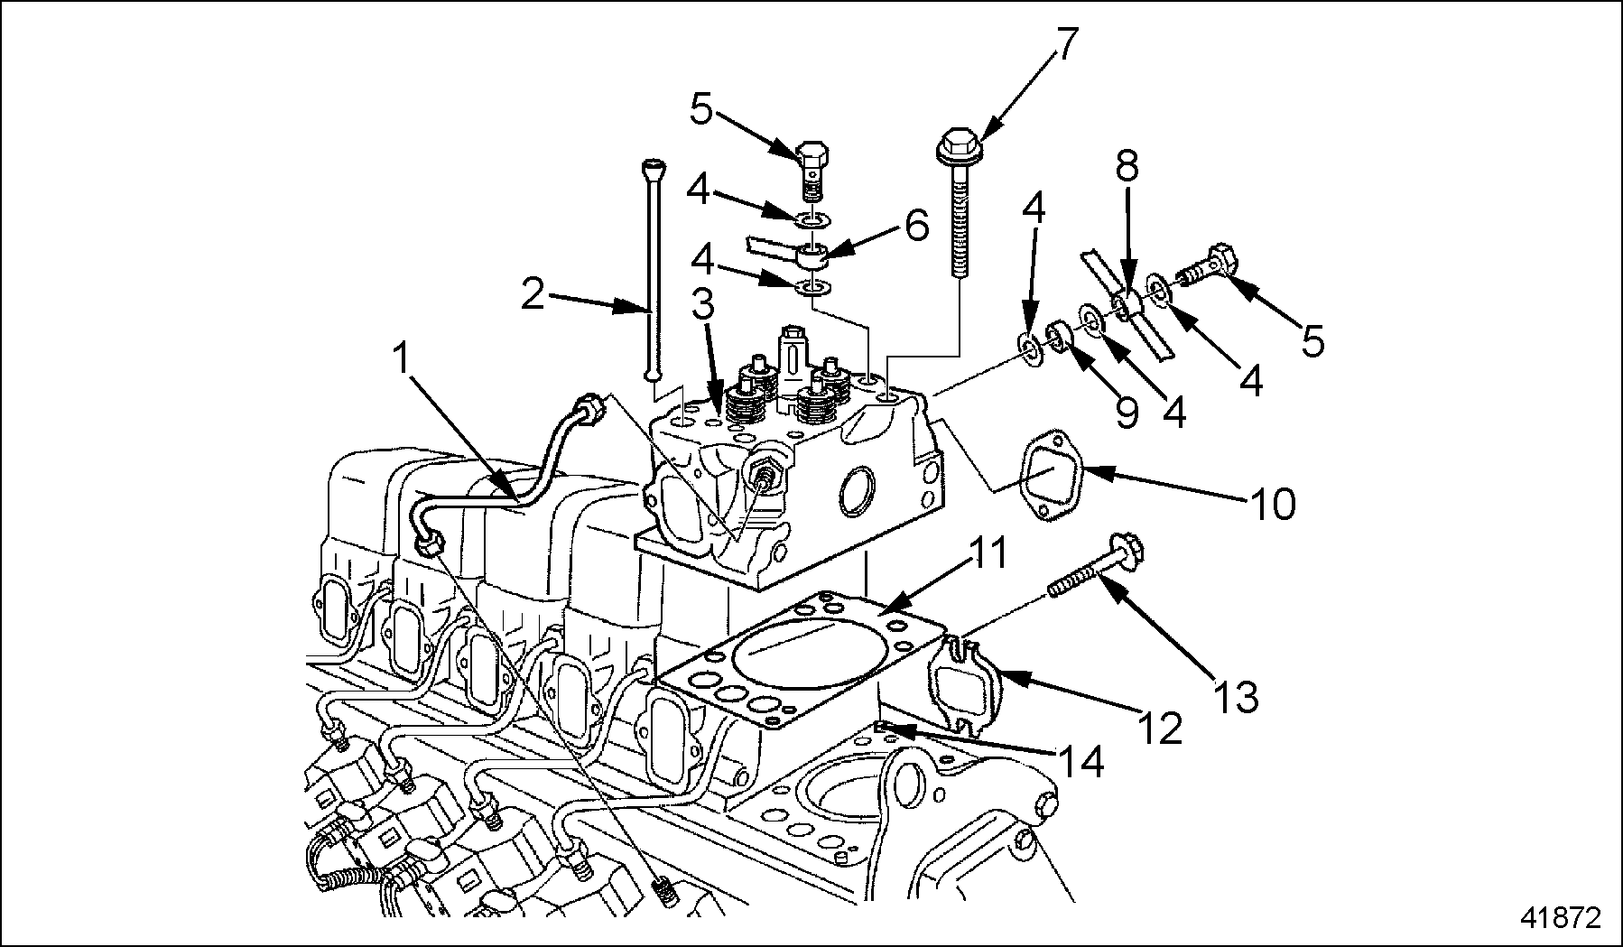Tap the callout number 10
pyautogui.click(x=1273, y=505)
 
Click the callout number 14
pyautogui.click(x=1080, y=762)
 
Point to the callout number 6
pyautogui.click(x=915, y=225)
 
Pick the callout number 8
pyautogui.click(x=1127, y=168)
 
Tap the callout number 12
pyautogui.click(x=1159, y=728)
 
